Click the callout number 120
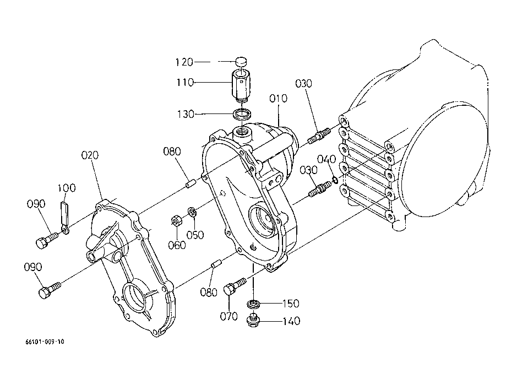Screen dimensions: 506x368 (x=184, y=62)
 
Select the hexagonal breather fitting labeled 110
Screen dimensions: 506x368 (x=241, y=85)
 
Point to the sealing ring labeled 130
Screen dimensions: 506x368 (x=242, y=114)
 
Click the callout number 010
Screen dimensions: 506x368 (x=278, y=98)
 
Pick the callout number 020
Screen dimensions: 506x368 (x=90, y=155)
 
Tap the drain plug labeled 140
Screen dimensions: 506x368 (x=254, y=321)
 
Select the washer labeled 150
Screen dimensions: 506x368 (x=253, y=304)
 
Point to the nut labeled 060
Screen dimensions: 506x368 (x=177, y=221)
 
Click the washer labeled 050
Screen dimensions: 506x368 (x=193, y=212)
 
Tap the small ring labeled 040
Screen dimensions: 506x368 (x=335, y=180)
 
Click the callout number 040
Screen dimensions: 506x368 (x=327, y=159)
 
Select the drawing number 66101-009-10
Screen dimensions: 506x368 (x=45, y=342)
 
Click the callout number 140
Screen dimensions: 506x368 (x=291, y=321)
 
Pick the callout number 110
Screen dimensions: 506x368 (x=185, y=83)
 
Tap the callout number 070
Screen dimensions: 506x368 (x=229, y=316)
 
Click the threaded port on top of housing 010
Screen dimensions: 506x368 (x=242, y=132)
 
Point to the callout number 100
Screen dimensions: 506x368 (x=67, y=188)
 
